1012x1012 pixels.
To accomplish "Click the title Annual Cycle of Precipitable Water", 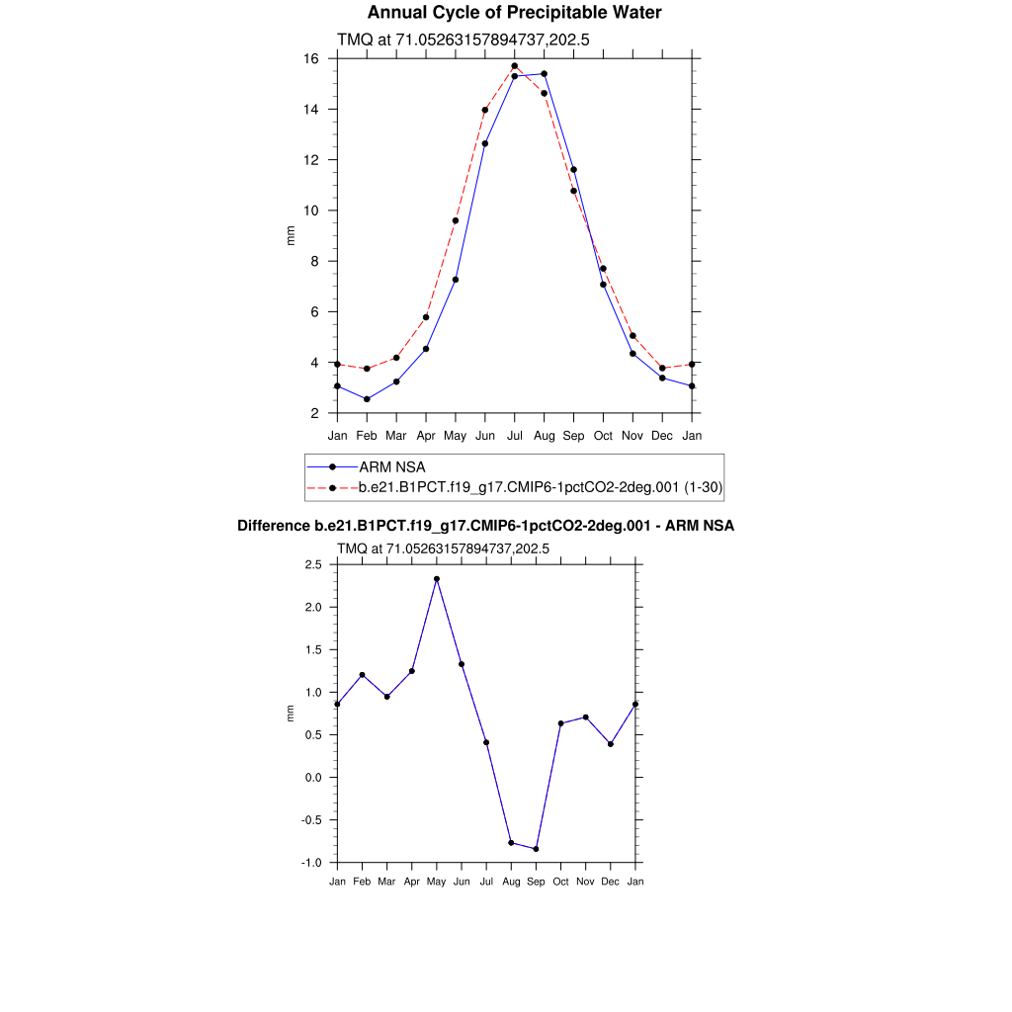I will click(514, 13).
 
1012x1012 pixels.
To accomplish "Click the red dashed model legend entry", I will click(542, 487).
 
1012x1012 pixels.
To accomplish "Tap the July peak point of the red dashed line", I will click(514, 66).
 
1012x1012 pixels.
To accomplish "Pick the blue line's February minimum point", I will click(367, 399).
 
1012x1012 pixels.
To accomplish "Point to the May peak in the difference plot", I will click(437, 579).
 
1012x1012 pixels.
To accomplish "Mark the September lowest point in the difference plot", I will click(536, 849).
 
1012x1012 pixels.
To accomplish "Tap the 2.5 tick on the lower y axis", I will click(313, 564).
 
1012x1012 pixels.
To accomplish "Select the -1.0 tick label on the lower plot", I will click(312, 863).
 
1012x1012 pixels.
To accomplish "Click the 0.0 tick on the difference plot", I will click(313, 778).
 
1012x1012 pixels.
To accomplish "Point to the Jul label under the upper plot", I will click(514, 435).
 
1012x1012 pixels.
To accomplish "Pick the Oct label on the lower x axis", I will click(560, 881).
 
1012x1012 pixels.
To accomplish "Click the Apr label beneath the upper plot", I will click(426, 435).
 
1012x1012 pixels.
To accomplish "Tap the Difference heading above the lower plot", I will click(485, 526).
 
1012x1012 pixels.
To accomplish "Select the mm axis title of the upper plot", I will click(291, 235).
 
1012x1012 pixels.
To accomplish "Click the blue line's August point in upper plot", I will click(544, 74).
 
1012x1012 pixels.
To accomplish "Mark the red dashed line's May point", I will click(456, 220).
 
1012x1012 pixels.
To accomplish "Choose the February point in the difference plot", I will click(362, 675).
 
